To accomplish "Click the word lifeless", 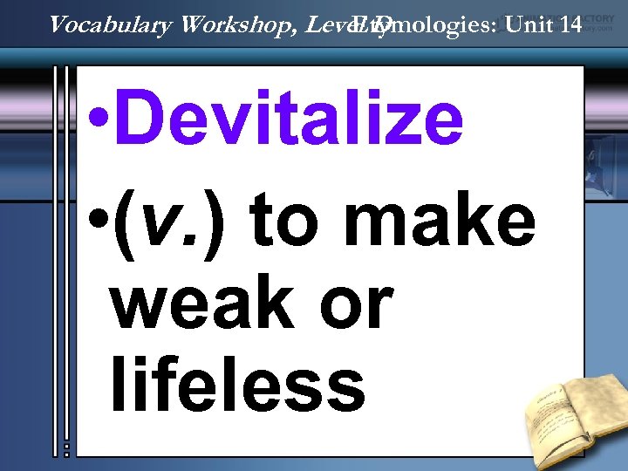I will coord(237,386).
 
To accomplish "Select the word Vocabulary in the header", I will coord(112,24).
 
